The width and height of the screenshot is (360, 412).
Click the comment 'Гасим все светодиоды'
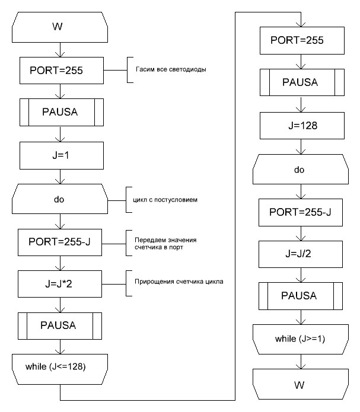pyautogui.click(x=167, y=69)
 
